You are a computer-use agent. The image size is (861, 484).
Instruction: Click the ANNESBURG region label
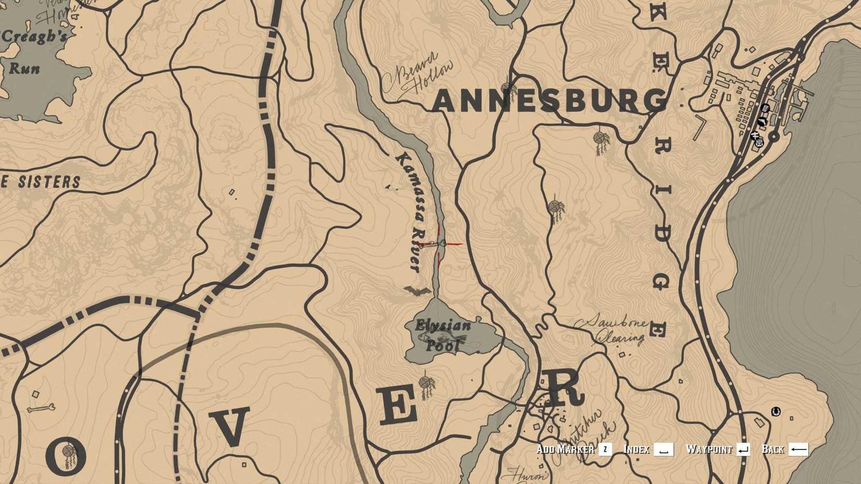[549, 101]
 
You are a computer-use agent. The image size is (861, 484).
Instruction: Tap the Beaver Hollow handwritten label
[417, 76]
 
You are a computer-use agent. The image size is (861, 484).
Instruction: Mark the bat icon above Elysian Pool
[417, 291]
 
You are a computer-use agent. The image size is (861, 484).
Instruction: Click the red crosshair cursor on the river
[439, 244]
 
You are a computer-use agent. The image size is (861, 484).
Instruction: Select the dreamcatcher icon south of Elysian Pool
[427, 384]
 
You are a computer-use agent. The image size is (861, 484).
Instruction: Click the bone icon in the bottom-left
[41, 408]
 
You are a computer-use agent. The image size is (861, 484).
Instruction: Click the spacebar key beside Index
[664, 450]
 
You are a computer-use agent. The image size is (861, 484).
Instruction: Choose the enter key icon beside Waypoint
[743, 450]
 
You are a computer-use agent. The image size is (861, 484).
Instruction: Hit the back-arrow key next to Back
[798, 450]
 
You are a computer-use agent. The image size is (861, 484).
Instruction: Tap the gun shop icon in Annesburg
[762, 122]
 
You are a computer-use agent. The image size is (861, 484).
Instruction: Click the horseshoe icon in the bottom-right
[776, 412]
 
